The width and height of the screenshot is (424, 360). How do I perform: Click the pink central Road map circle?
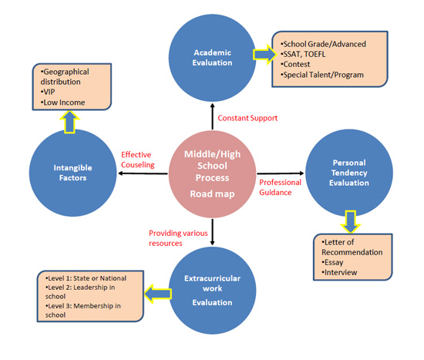[x=212, y=174]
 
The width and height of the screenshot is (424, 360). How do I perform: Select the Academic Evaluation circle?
[x=212, y=58]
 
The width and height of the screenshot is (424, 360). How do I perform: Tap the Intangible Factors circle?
[x=72, y=173]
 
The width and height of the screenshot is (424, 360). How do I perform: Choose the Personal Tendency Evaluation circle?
[x=349, y=173]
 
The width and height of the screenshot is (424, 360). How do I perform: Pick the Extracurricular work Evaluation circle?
[x=212, y=291]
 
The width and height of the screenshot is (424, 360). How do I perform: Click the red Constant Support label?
[x=247, y=118]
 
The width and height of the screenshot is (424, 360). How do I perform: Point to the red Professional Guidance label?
[x=280, y=187]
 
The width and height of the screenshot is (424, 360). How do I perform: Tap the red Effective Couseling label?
[x=138, y=160]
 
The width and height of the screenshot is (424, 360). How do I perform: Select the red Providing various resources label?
[x=178, y=238]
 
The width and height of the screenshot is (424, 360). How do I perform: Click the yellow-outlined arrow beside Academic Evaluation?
[x=265, y=55]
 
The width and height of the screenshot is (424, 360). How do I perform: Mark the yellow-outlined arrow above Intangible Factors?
[x=69, y=123]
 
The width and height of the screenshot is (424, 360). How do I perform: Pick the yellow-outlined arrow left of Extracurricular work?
[x=157, y=294]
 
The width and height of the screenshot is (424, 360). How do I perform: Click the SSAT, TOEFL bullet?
[x=303, y=55]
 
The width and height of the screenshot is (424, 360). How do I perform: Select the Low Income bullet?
[x=62, y=103]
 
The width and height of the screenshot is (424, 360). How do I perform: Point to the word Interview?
[x=341, y=272]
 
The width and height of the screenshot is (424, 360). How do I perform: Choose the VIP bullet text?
[x=48, y=92]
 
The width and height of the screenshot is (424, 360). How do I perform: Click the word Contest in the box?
[x=297, y=65]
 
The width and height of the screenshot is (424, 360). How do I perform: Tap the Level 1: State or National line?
[x=86, y=278]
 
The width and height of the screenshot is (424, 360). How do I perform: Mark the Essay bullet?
[x=332, y=262]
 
